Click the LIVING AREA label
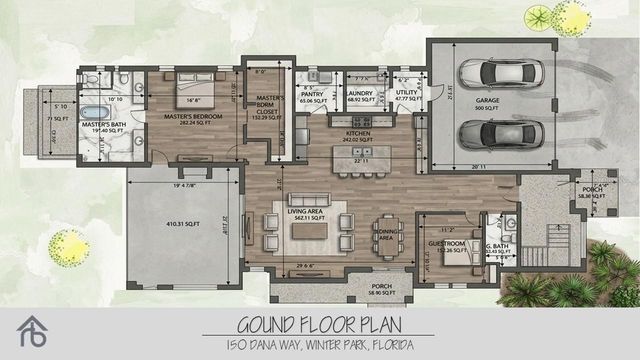click(x=306, y=211)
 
